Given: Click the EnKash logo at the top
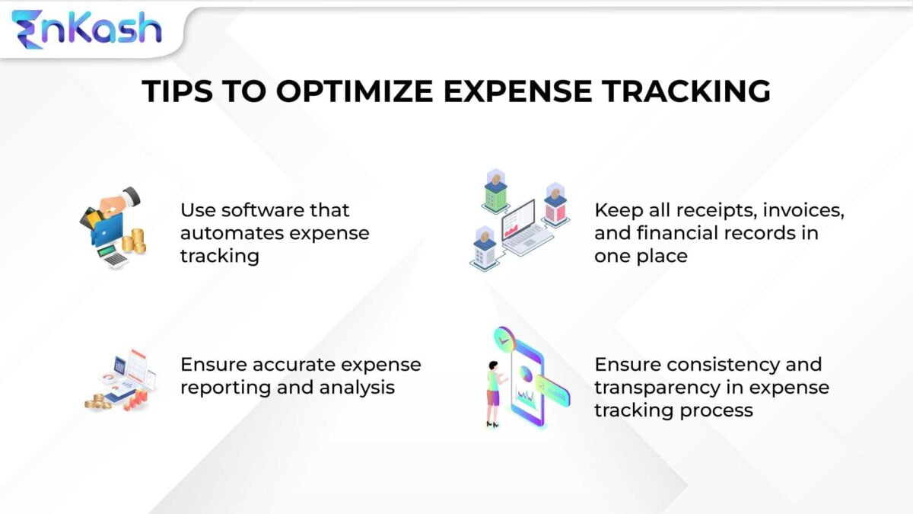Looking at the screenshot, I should (86, 28).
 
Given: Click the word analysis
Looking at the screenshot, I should (356, 387).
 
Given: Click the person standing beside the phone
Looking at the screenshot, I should (493, 392).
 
